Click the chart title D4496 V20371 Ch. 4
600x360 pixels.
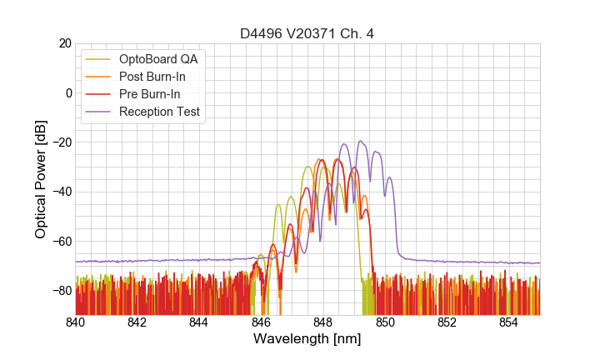click(307, 33)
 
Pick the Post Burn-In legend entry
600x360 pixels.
click(152, 77)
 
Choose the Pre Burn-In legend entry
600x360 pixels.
click(150, 94)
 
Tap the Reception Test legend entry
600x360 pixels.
click(159, 112)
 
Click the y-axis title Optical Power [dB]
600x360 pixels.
click(41, 179)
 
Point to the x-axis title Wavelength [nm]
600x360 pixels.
click(307, 339)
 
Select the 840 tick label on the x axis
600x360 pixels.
click(75, 322)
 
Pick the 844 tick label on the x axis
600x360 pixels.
click(199, 322)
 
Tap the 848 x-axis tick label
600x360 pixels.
click(323, 322)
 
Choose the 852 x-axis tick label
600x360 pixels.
click(447, 322)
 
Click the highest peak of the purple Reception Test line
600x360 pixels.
click(361, 141)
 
